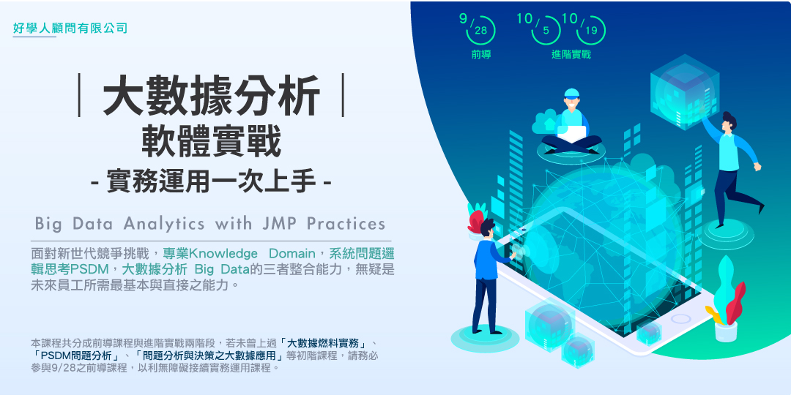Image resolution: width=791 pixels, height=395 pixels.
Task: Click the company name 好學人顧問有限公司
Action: [70, 29]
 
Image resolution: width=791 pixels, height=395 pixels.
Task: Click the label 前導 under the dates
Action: [481, 54]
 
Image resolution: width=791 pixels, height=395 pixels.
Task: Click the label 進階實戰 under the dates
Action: [571, 54]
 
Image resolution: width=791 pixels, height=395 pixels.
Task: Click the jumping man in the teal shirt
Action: [730, 165]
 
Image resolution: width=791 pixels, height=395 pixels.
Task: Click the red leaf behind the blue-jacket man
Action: [476, 219]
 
